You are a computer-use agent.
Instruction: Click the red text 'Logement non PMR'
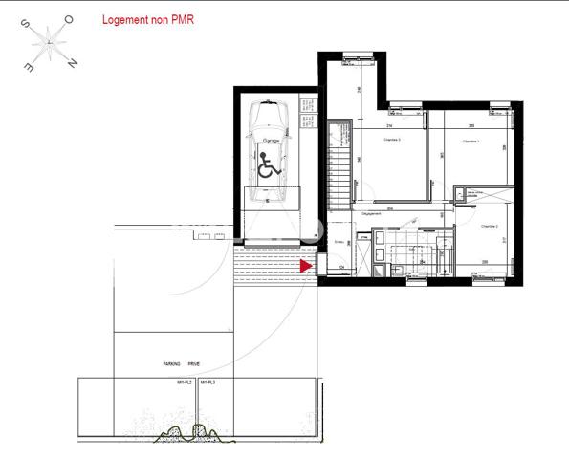point(148,19)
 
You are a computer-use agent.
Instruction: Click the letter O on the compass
point(68,19)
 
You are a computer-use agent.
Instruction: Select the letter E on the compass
point(29,70)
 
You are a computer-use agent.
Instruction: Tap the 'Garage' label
point(271,141)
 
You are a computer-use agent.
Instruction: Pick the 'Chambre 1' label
point(470,141)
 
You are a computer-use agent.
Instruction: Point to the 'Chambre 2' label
point(489,226)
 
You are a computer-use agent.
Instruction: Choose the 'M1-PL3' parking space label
point(208,382)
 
